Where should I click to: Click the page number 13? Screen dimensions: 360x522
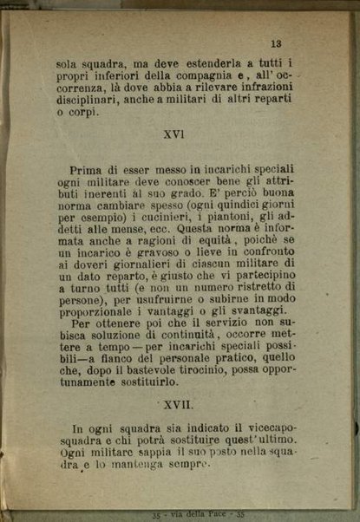pos(277,42)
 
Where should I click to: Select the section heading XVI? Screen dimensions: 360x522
pos(176,134)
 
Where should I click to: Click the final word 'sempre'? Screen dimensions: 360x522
pos(186,464)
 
